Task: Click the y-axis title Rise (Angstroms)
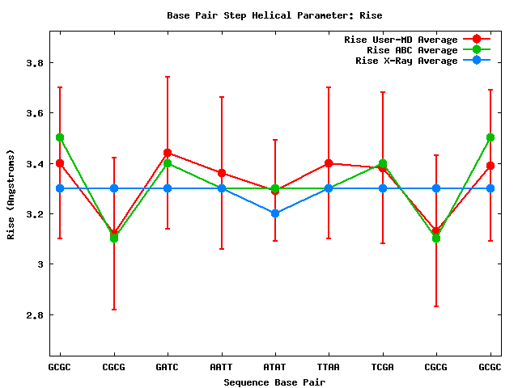(x=11, y=193)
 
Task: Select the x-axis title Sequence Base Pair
(x=274, y=382)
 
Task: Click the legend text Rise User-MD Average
(x=401, y=40)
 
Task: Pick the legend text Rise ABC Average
(x=412, y=50)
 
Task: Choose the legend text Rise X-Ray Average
(x=406, y=61)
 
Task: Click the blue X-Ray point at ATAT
(x=275, y=213)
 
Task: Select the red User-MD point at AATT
(x=221, y=173)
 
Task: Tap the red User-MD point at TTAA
(x=329, y=163)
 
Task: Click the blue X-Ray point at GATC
(x=168, y=188)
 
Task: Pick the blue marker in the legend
(x=477, y=61)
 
